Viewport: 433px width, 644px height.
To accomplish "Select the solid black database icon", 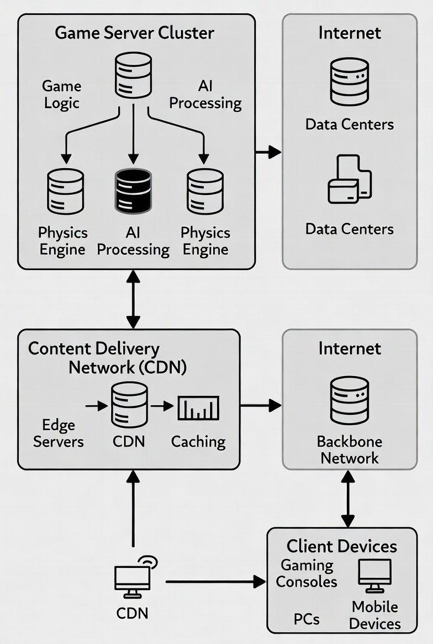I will pos(133,191).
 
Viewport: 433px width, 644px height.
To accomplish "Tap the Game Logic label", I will pos(61,95).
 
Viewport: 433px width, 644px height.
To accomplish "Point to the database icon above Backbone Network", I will pos(350,400).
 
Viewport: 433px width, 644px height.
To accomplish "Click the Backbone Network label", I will pos(350,450).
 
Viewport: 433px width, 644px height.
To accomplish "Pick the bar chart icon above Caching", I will pos(198,409).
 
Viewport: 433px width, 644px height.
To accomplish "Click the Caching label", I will pos(198,442).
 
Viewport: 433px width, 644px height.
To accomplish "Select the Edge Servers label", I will pos(58,433).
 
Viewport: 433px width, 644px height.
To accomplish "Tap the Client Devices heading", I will pos(341,546).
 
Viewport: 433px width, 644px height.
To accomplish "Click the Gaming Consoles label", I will pos(307,573).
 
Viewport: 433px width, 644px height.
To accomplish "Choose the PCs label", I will pos(307,619).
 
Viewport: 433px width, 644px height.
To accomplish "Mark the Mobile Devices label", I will pos(375,615).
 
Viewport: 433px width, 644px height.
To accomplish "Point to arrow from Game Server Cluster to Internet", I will pos(268,151).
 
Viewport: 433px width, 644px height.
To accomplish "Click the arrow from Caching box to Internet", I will pos(261,406).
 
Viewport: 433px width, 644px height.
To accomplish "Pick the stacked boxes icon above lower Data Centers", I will pos(350,179).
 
